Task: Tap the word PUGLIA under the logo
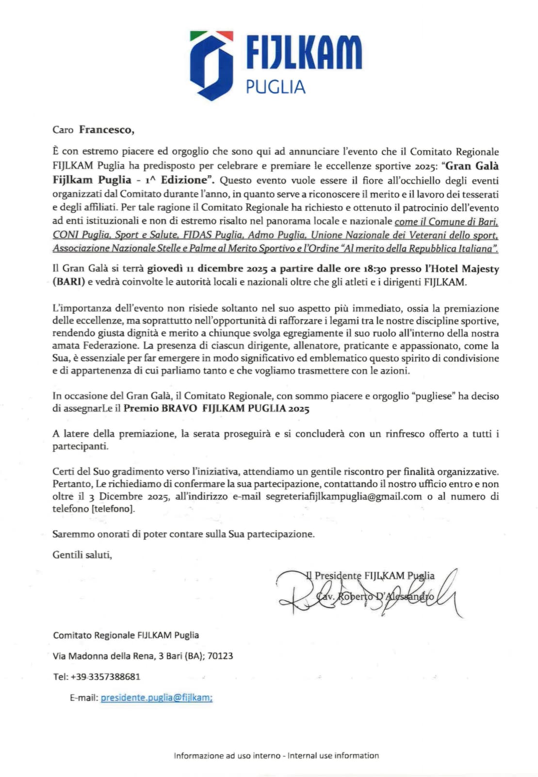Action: point(275,87)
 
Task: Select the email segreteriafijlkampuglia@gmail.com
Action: point(343,496)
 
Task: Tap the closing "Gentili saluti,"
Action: point(82,554)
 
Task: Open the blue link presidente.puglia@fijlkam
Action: point(156,698)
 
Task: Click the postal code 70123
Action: point(220,656)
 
